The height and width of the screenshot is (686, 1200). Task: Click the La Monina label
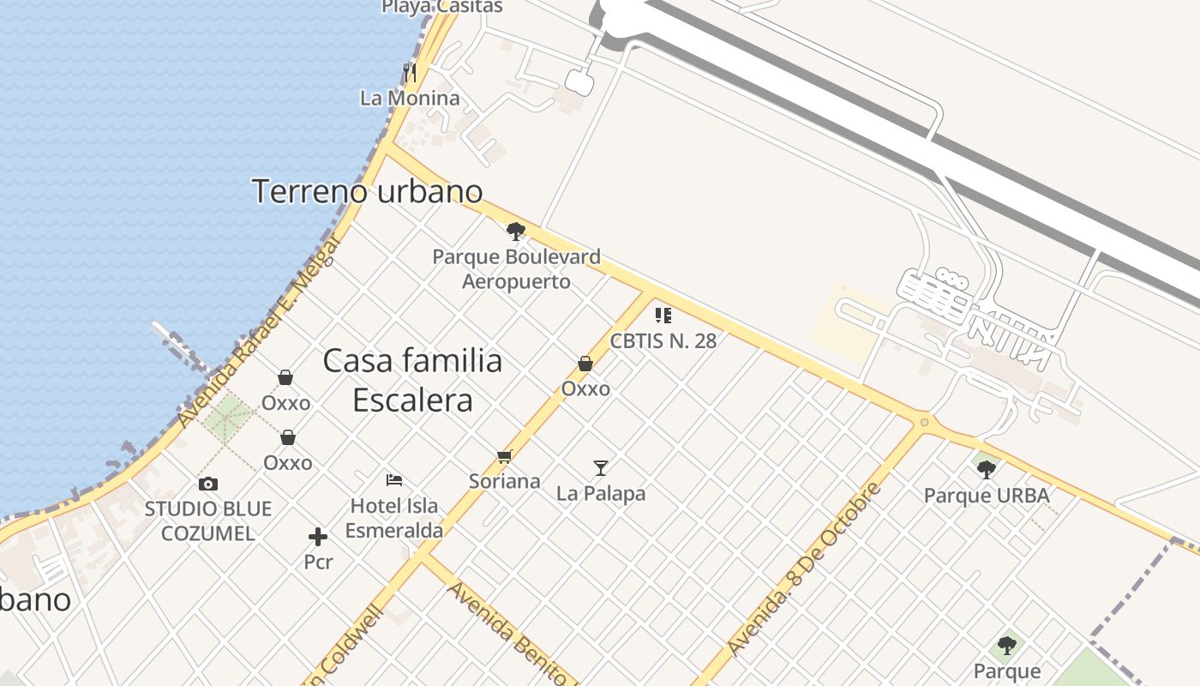(410, 98)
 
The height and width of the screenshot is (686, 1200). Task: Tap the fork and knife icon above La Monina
(410, 72)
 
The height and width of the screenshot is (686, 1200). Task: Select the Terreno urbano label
(367, 190)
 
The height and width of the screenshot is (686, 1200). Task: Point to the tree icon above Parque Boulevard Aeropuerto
(515, 231)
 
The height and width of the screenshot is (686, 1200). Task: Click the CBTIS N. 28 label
(663, 340)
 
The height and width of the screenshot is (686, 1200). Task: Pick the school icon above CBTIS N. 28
(663, 315)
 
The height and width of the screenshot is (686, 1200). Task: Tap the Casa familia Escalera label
(412, 380)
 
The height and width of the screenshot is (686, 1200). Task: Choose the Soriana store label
(504, 481)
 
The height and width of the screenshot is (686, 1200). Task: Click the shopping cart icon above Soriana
(504, 456)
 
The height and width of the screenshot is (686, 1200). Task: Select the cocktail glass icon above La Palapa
(601, 468)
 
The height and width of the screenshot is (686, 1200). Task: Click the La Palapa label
(601, 494)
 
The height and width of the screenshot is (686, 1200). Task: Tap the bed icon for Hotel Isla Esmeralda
(394, 479)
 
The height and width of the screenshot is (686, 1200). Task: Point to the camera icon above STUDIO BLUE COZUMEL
(208, 484)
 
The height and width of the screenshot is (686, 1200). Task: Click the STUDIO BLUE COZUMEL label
(208, 521)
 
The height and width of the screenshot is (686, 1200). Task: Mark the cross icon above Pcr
(318, 538)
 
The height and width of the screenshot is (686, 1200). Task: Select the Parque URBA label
(986, 496)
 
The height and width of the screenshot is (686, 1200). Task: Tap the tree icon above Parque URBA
(986, 469)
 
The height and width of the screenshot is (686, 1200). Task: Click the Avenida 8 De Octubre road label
(803, 569)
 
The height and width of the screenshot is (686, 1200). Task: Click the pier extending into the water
(182, 346)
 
